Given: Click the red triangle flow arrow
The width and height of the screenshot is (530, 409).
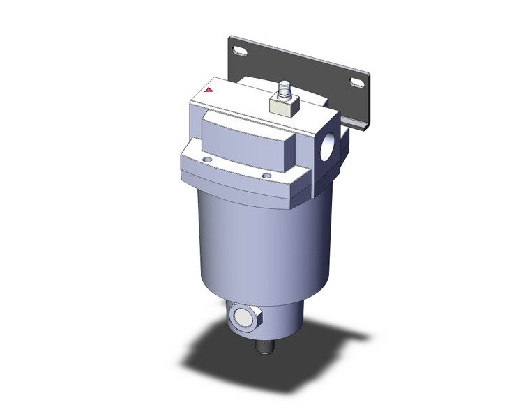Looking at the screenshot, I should tap(208, 90).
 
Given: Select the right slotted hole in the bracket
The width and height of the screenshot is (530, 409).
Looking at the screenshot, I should tap(356, 83).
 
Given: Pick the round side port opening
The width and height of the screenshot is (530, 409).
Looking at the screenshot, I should tap(327, 152).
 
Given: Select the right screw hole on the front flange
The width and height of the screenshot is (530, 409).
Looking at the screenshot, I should tap(266, 175).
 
